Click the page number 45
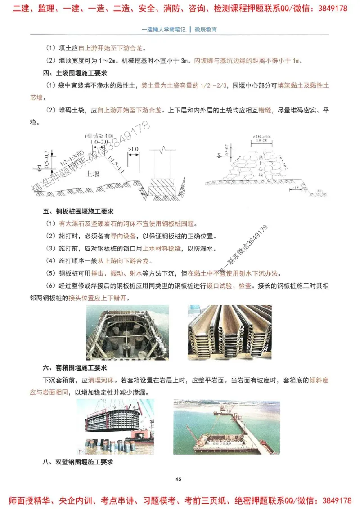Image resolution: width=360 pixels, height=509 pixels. pyautogui.click(x=179, y=479)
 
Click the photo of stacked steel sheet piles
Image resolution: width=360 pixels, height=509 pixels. pyautogui.click(x=229, y=332)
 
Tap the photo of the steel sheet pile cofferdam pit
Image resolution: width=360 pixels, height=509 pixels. pyautogui.click(x=127, y=332)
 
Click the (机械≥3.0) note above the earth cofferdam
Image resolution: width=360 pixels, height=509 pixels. pyautogui.click(x=98, y=135)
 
